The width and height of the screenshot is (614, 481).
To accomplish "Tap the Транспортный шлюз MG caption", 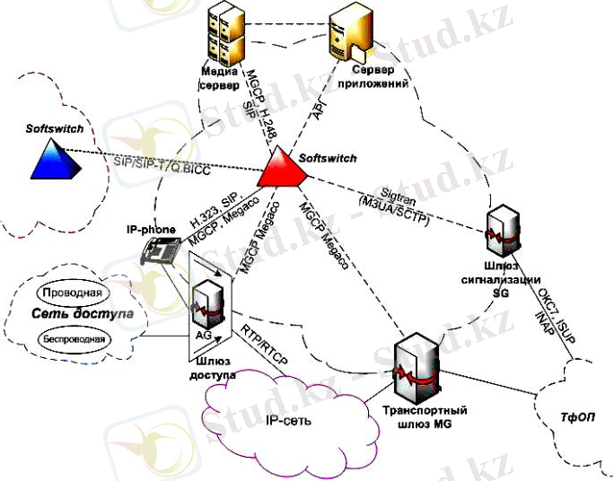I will point(413,417).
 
